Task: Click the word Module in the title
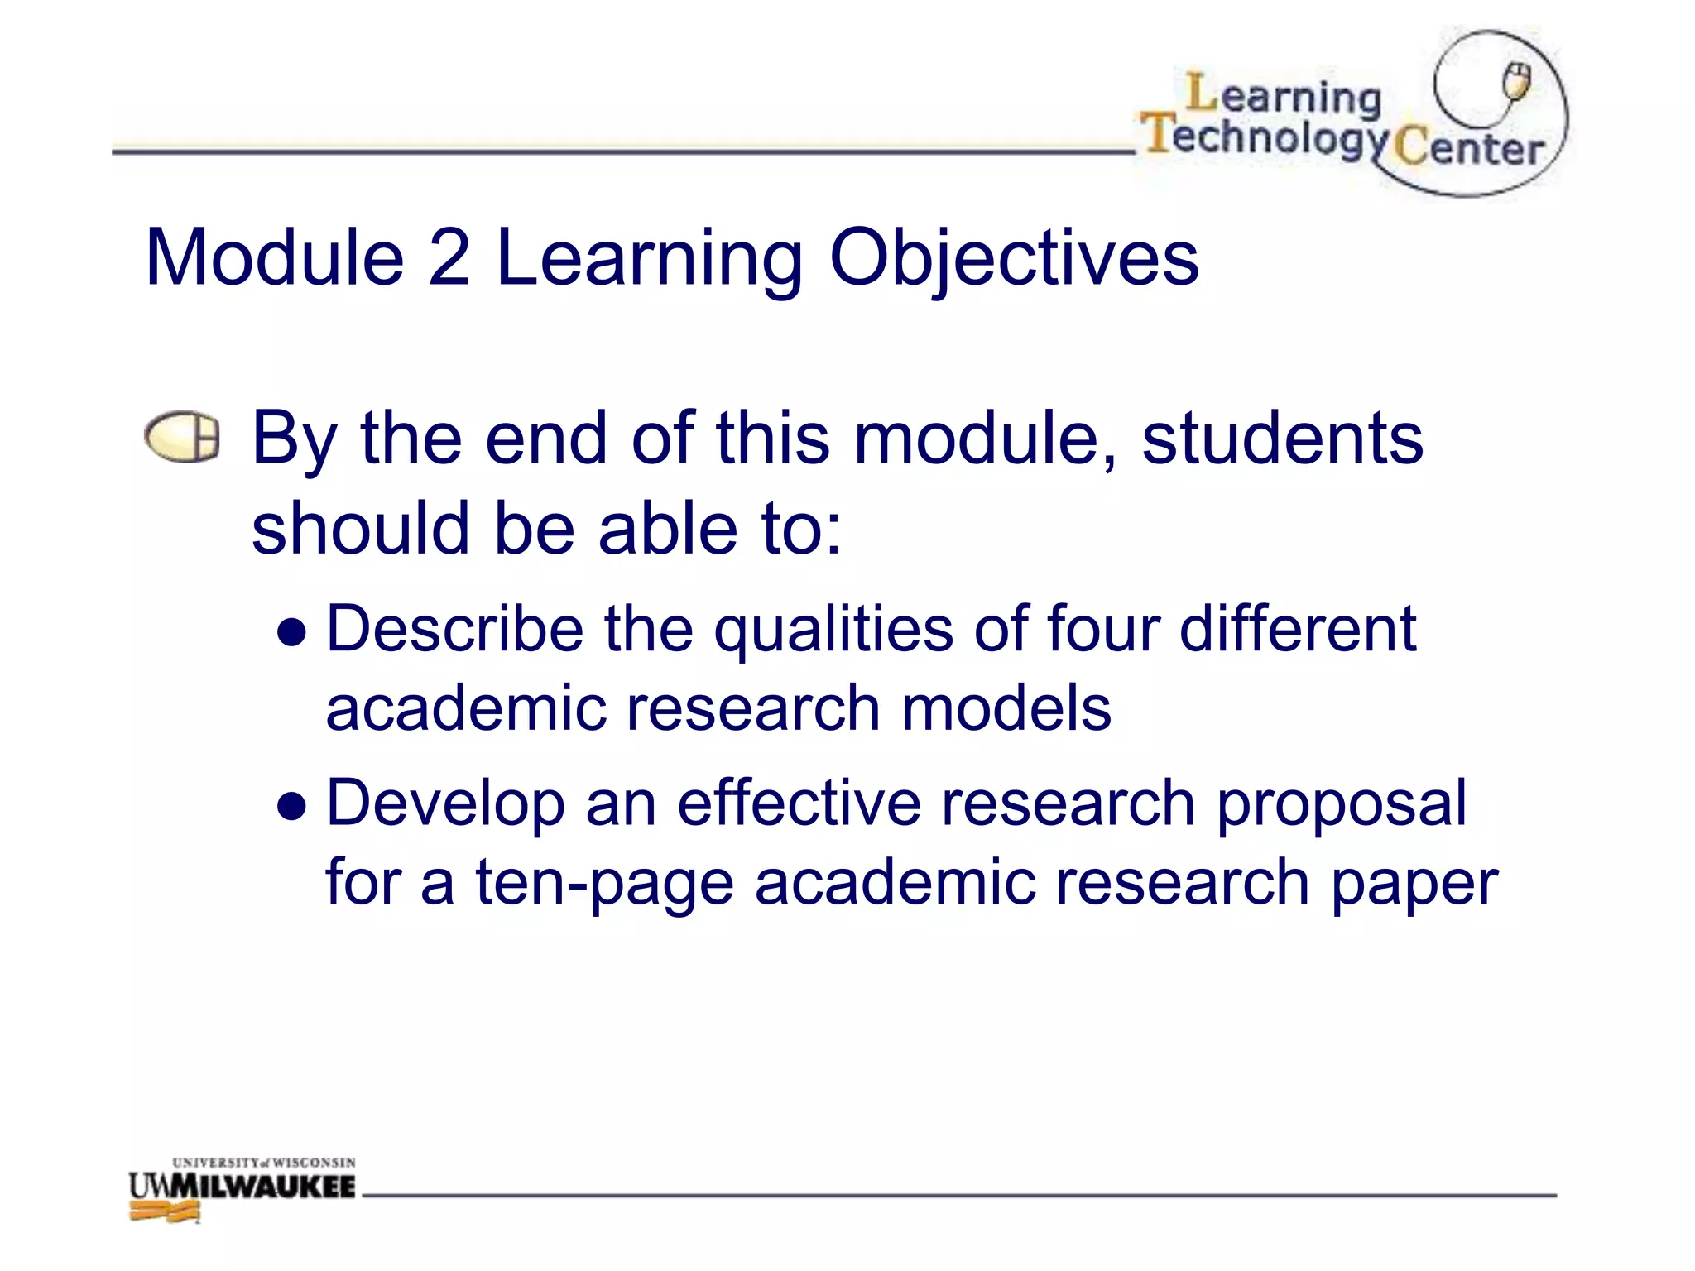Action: click(274, 258)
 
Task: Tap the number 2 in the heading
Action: click(449, 258)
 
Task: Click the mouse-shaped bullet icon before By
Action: click(182, 436)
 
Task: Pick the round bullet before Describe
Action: click(292, 633)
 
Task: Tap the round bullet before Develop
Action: click(292, 806)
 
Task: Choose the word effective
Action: click(799, 803)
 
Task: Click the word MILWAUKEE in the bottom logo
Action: click(265, 1187)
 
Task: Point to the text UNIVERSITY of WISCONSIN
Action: click(264, 1163)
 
